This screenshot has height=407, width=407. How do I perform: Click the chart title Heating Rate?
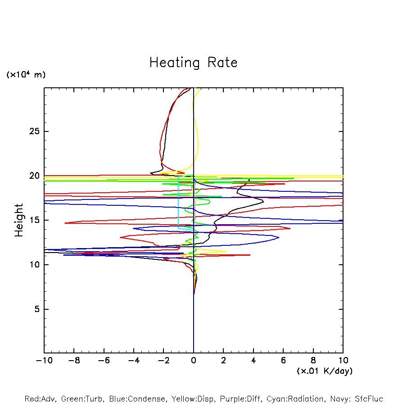point(193,63)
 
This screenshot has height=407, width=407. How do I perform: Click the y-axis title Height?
point(19,220)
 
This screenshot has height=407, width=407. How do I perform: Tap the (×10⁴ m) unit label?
point(26,75)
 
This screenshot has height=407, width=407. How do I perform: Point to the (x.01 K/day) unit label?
point(324,371)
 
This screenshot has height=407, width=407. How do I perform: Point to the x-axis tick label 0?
point(194,361)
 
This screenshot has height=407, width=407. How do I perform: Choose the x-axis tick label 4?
point(253,361)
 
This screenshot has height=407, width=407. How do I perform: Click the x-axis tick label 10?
point(343,361)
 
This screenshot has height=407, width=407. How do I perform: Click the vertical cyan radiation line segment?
point(179,203)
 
